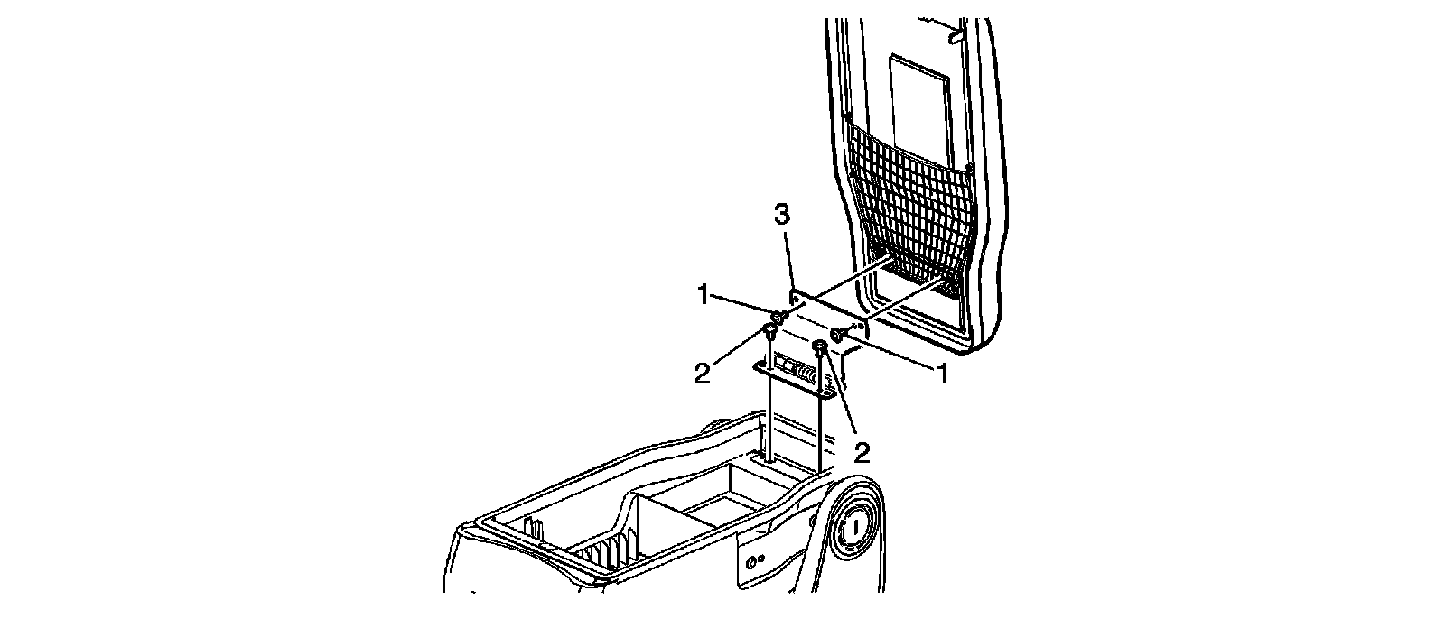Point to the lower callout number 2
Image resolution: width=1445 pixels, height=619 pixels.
tap(862, 452)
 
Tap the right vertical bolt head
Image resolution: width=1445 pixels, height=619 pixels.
tap(820, 347)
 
